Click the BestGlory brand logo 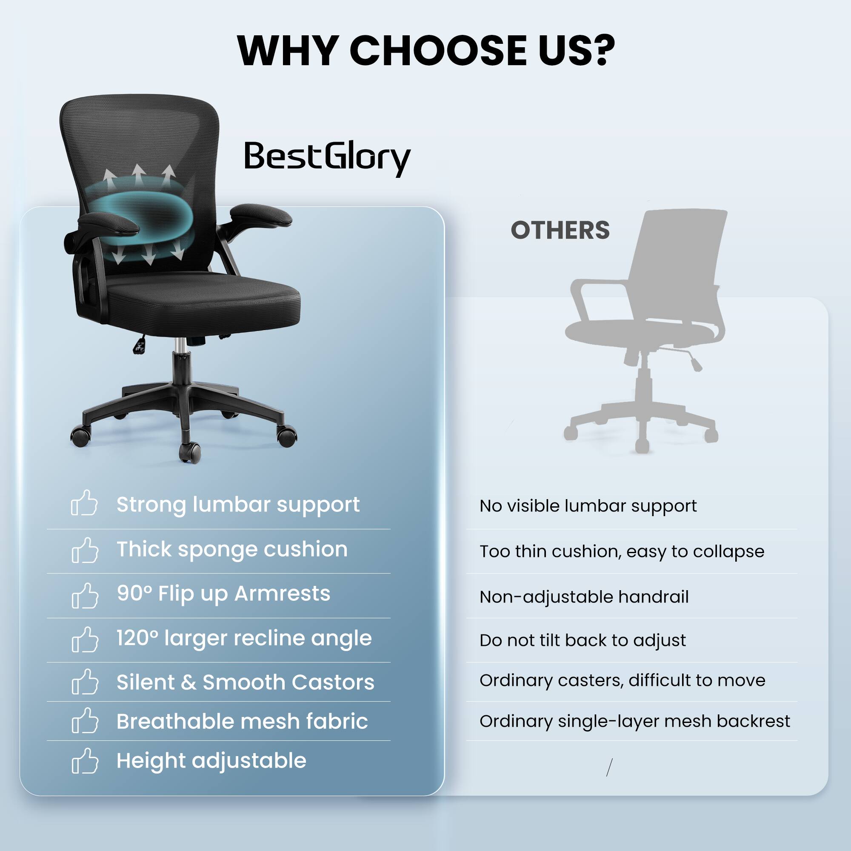[327, 158]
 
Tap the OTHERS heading [560, 230]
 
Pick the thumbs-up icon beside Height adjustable [85, 761]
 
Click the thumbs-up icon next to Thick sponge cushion [85, 550]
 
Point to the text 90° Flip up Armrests [223, 594]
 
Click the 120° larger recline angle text [244, 638]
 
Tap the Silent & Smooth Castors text [246, 683]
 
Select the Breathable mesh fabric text [242, 722]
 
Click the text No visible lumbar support [588, 506]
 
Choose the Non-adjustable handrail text [584, 597]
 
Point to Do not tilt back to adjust [583, 640]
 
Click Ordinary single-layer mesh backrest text [635, 722]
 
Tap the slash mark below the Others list [610, 767]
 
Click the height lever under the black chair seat [140, 345]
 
